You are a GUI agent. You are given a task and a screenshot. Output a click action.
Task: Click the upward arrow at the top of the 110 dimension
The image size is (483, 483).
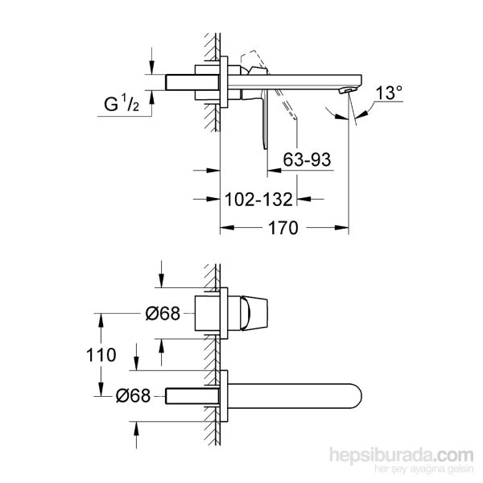(x=100, y=317)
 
